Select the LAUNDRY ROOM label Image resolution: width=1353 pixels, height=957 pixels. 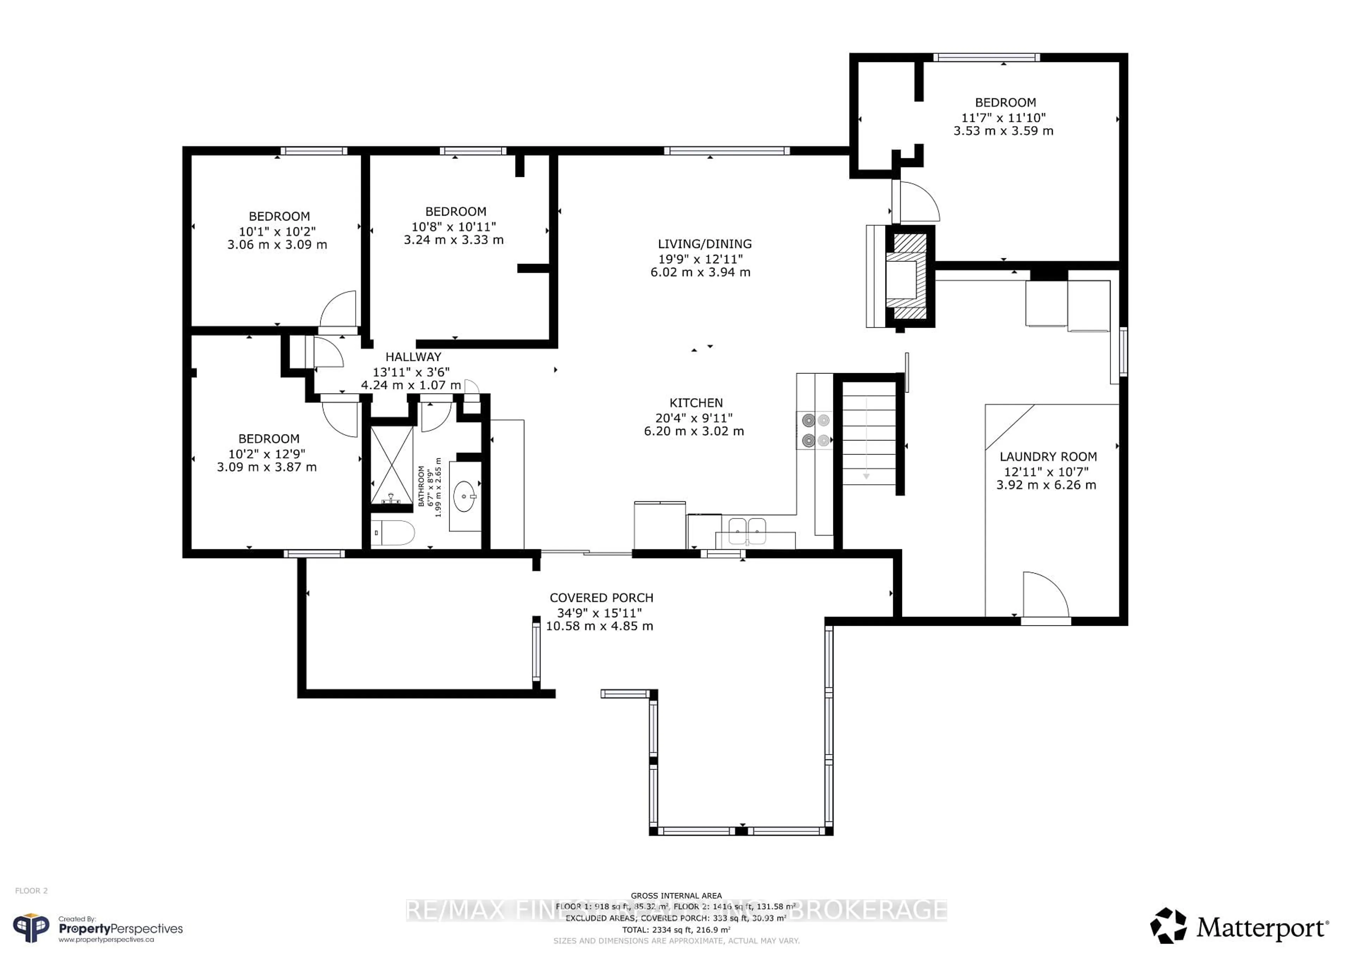point(1048,457)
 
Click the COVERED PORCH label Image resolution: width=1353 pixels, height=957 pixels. point(601,598)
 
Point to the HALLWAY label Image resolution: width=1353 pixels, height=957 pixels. point(413,357)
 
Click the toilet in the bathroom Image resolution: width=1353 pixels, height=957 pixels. point(394,533)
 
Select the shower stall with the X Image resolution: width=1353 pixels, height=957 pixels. point(391,465)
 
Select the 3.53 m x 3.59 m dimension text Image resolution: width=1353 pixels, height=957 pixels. point(1003,131)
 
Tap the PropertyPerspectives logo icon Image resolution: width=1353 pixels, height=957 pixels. point(32,928)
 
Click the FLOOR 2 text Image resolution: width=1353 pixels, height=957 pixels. point(31,890)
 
